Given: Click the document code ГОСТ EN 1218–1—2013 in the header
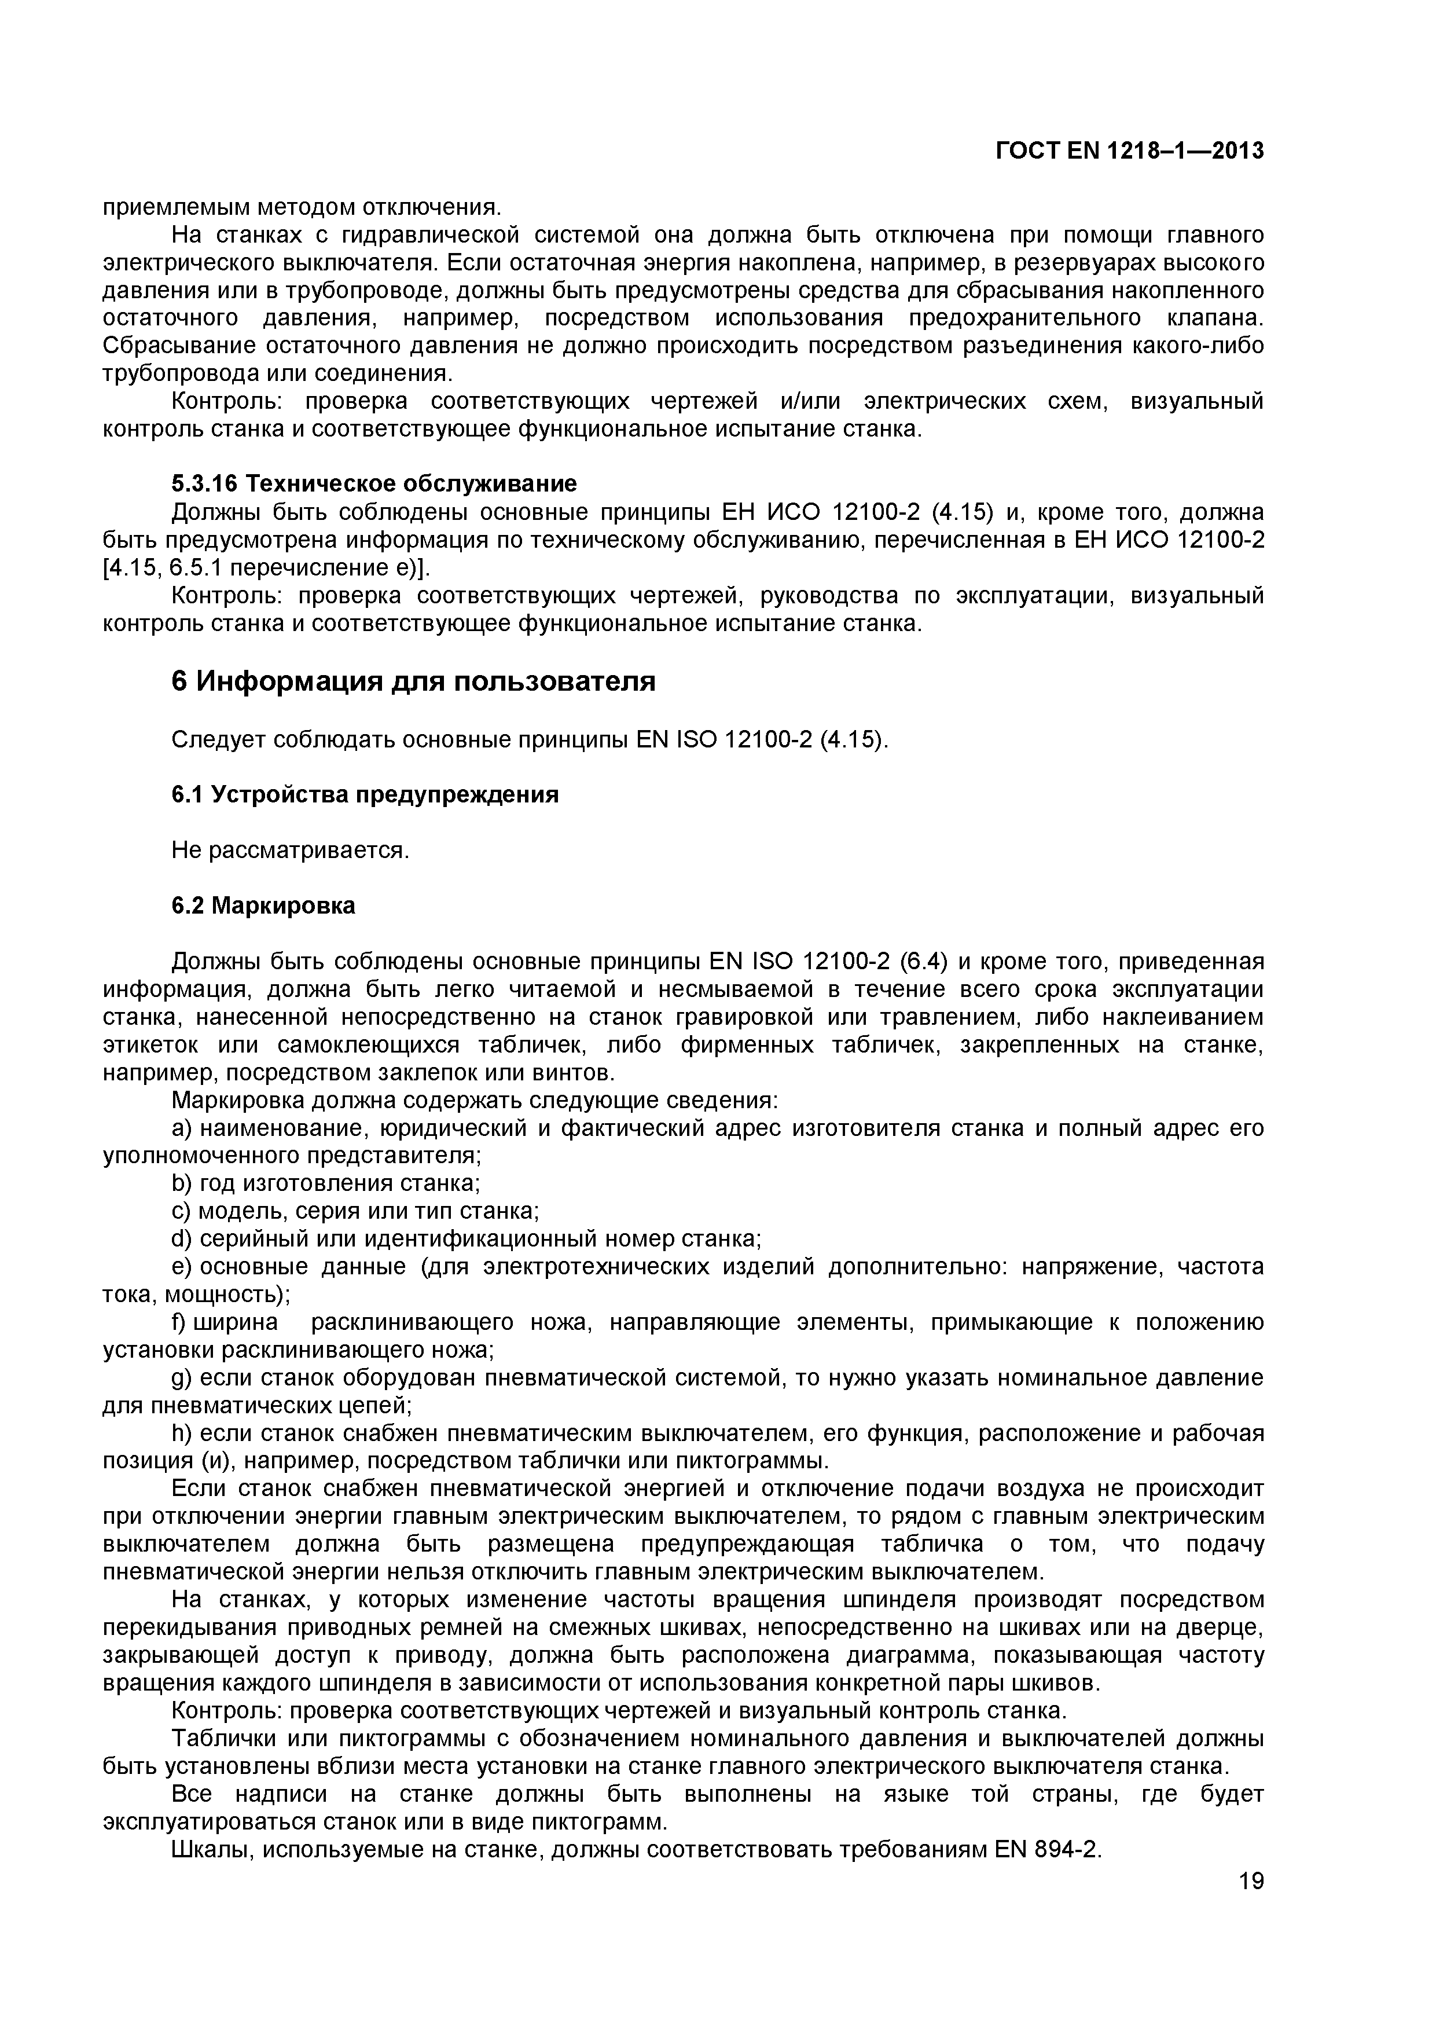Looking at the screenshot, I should click(x=1129, y=151).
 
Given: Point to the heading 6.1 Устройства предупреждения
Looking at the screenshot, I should click(x=364, y=794).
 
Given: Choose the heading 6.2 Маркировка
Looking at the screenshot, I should click(x=263, y=906).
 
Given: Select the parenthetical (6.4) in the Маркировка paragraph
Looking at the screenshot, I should click(x=924, y=962).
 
